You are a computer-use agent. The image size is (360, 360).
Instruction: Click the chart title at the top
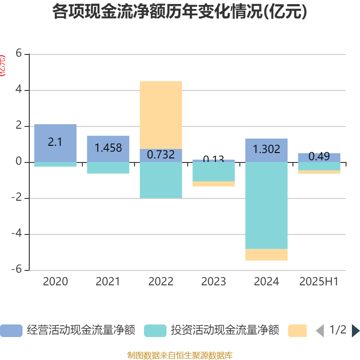pyautogui.click(x=180, y=12)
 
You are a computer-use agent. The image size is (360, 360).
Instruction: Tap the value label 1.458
pyautogui.click(x=108, y=148)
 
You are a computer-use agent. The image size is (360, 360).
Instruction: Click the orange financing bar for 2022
pyautogui.click(x=161, y=115)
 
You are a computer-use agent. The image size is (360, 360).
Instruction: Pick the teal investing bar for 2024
pyautogui.click(x=266, y=205)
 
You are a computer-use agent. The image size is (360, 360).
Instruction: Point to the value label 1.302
pyautogui.click(x=266, y=149)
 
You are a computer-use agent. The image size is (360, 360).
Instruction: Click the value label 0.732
pyautogui.click(x=161, y=155)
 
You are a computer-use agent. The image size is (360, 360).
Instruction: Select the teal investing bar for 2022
pyautogui.click(x=161, y=180)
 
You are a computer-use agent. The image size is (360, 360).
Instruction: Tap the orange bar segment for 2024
pyautogui.click(x=266, y=255)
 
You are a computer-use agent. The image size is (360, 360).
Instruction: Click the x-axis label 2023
pyautogui.click(x=213, y=282)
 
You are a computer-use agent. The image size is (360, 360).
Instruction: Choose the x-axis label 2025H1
pyautogui.click(x=319, y=282)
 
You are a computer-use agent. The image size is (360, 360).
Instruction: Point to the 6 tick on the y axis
pyautogui.click(x=18, y=54)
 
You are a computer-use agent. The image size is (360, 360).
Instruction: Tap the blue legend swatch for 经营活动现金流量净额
pyautogui.click(x=11, y=331)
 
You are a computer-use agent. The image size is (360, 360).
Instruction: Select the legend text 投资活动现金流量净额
pyautogui.click(x=225, y=331)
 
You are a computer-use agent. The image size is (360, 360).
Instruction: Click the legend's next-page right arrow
pyautogui.click(x=355, y=331)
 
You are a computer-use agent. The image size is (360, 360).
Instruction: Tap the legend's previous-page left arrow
pyautogui.click(x=319, y=331)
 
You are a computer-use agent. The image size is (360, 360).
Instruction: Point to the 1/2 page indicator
pyautogui.click(x=337, y=330)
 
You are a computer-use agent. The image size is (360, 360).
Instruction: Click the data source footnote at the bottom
pyautogui.click(x=180, y=355)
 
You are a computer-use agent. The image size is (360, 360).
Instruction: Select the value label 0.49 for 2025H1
pyautogui.click(x=319, y=157)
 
